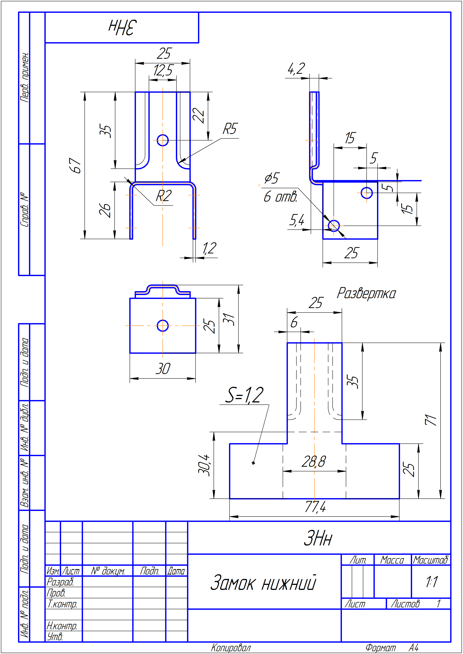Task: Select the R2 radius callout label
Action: (x=164, y=196)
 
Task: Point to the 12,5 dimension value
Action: (x=163, y=70)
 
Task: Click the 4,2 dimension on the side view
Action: (x=296, y=69)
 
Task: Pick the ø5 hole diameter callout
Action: (x=272, y=178)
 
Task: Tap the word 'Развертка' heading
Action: (x=366, y=293)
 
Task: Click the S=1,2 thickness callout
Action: (x=245, y=395)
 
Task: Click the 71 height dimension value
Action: (x=431, y=420)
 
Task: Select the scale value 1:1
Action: (x=432, y=582)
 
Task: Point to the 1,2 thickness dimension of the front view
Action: (x=209, y=248)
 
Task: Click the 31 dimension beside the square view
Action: (x=229, y=319)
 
